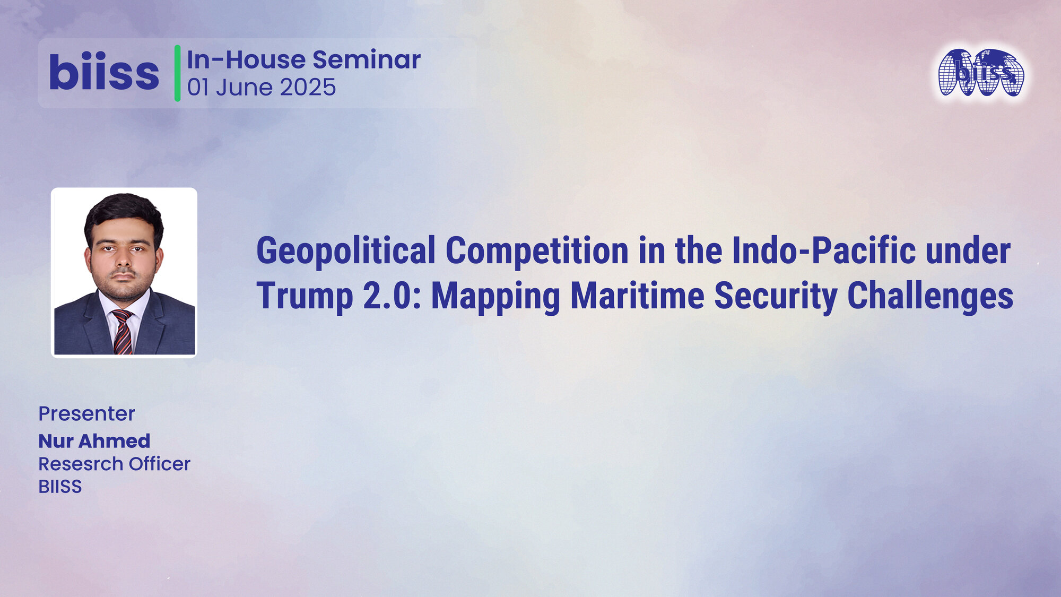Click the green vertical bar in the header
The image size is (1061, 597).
[177, 73]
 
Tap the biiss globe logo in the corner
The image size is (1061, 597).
[981, 73]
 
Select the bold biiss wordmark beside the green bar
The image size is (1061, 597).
[104, 73]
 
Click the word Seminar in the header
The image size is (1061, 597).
[366, 59]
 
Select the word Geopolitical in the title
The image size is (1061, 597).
[346, 250]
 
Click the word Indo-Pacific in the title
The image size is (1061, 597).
[823, 250]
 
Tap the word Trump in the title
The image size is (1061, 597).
[305, 296]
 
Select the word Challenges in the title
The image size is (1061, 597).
[930, 296]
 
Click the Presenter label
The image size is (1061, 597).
[86, 413]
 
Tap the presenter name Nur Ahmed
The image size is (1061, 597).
[94, 441]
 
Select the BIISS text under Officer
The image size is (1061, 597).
[60, 487]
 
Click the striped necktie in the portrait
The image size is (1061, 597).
[123, 332]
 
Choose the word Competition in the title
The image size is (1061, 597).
[537, 250]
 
